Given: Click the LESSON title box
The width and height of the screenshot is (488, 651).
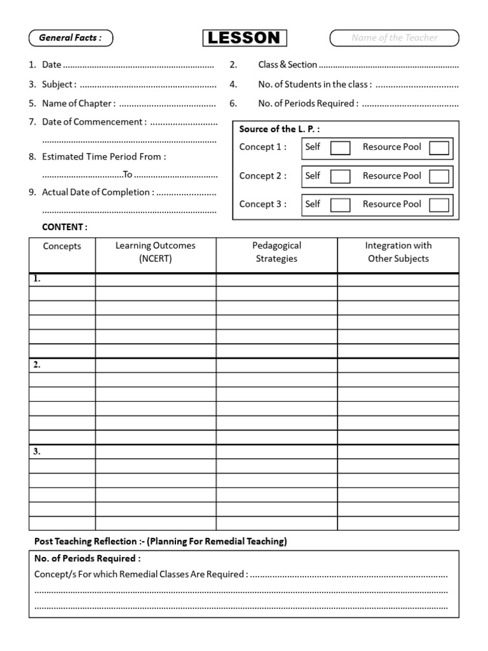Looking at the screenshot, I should pos(245,38).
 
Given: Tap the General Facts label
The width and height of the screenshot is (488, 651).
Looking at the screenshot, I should pos(71,38).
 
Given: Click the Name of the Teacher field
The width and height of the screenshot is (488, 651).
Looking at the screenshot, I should pos(394,38).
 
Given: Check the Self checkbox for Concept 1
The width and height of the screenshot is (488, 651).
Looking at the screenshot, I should pos(341,148).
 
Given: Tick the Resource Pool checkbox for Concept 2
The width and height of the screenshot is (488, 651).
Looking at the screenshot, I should pos(439,177).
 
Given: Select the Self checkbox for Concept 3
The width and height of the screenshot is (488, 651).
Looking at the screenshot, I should pos(341,205).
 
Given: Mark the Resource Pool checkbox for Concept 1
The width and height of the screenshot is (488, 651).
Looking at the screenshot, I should pos(439,148).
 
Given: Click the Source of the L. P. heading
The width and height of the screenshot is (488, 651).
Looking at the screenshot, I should pos(280,129).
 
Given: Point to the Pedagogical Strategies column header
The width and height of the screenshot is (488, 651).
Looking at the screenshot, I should pos(276,252).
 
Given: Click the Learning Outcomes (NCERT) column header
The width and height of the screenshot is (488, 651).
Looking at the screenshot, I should pos(156,252).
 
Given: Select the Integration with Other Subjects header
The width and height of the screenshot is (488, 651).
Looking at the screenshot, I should pos(398,252).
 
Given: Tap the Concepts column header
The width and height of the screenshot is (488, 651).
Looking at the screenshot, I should pos(62,247).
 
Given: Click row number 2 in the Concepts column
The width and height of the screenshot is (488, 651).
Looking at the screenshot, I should pos(37,365).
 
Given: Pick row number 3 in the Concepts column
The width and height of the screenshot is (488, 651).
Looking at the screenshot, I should pos(37,451).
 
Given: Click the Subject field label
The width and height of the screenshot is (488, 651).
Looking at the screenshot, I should pos(59,85).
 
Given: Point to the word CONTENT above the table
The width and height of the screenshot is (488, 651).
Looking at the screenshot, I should pos(65,227).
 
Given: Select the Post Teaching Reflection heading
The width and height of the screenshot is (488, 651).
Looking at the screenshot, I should pos(160,542).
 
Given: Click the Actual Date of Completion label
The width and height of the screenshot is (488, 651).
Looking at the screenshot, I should pos(98,192).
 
